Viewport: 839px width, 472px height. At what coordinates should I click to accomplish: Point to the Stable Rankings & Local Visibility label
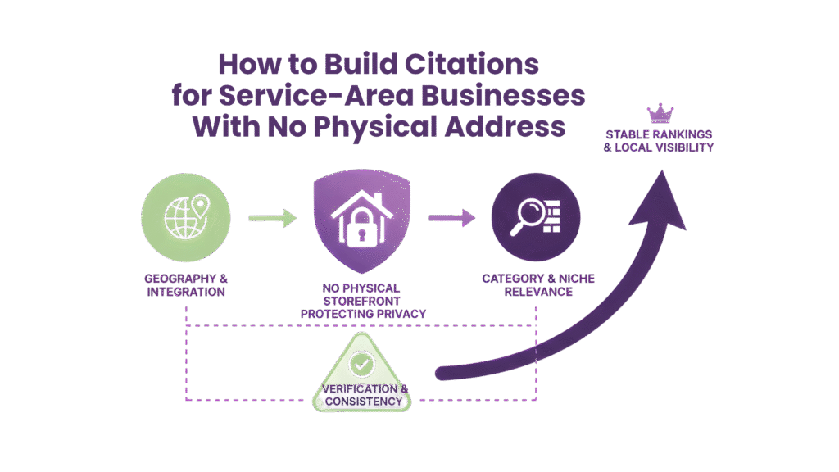pyautogui.click(x=658, y=140)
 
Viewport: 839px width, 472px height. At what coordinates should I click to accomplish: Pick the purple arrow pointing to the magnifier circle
pyautogui.click(x=451, y=218)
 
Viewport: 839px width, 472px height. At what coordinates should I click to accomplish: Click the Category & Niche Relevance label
pyautogui.click(x=537, y=285)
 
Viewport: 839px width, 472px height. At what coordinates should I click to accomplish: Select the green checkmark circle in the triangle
pyautogui.click(x=361, y=361)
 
